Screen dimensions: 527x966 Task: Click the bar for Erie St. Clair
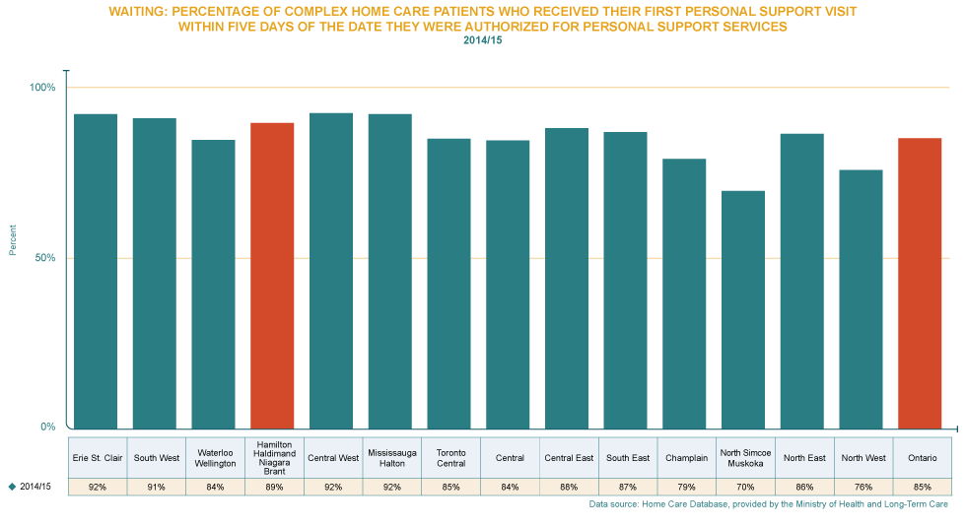(96, 271)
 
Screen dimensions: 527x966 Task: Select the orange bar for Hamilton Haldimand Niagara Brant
(272, 276)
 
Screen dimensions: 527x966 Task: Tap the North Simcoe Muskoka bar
(743, 309)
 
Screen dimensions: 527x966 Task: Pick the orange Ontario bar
(921, 283)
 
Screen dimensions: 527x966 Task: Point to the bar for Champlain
(684, 294)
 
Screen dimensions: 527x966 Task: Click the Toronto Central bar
(448, 283)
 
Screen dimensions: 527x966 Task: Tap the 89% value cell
(272, 487)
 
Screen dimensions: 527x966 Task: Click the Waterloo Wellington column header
(214, 458)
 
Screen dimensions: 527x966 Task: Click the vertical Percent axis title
(13, 239)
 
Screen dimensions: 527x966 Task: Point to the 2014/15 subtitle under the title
(483, 39)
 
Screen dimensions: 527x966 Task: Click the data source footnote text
(768, 504)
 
